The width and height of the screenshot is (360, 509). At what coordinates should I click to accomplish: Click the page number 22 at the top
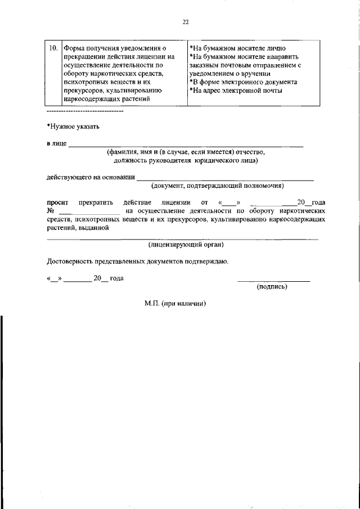186,22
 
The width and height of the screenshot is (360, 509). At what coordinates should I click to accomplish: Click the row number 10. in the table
52,49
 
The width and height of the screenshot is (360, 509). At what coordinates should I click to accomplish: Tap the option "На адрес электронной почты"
236,90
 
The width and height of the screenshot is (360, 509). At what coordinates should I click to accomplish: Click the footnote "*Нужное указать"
73,127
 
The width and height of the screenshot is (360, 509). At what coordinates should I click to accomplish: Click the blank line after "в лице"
186,145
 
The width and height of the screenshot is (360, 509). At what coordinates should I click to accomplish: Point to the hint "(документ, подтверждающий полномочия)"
217,186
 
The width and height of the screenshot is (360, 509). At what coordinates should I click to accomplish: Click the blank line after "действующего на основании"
225,178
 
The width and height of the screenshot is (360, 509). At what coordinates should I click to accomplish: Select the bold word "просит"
57,202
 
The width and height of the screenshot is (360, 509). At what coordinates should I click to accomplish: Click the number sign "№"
50,211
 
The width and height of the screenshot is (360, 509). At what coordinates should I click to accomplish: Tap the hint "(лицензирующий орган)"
186,245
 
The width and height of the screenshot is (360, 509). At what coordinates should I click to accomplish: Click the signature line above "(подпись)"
273,280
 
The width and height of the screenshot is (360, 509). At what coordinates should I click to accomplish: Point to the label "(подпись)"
272,286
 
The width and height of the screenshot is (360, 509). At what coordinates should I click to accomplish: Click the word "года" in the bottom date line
116,278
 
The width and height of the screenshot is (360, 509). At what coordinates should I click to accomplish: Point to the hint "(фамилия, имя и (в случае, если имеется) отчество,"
186,152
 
